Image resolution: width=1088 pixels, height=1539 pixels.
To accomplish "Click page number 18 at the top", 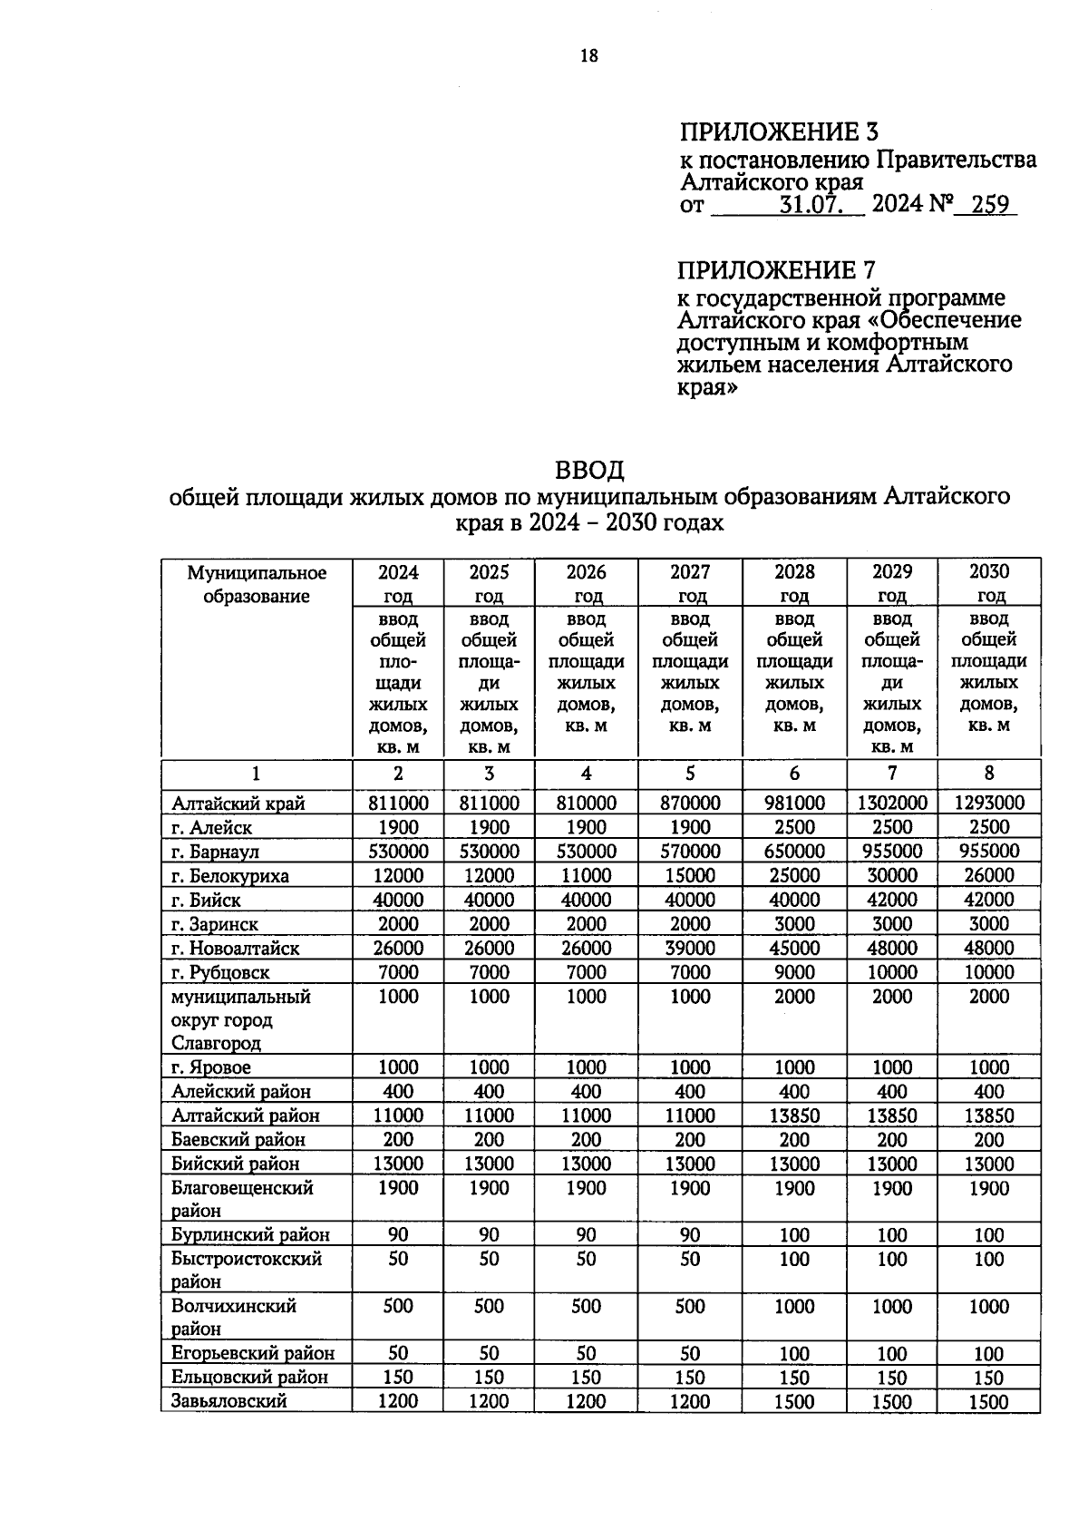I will pos(588,56).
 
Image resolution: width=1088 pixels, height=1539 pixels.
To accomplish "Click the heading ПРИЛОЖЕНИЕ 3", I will pos(779,132).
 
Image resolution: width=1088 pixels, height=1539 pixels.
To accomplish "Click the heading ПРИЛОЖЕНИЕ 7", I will pos(778,270).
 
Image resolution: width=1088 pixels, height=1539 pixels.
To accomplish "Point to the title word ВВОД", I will pos(589,471).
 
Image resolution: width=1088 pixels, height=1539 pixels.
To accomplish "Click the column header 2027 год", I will pos(690,583).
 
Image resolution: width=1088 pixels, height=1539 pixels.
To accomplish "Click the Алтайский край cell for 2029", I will pos(892,803).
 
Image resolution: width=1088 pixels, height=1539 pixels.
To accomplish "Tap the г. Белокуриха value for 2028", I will pos(794,876).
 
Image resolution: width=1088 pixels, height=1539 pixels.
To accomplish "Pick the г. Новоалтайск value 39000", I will pos(690,948).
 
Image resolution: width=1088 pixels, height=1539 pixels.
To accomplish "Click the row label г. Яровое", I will pos(211,1067).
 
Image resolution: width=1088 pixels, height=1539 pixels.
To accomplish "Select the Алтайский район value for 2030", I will pos(988,1115).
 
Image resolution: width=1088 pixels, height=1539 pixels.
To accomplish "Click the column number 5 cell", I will pos(690,774).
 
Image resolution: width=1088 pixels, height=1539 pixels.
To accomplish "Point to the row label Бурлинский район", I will pos(250,1235).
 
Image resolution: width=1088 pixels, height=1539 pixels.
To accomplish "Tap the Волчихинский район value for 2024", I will pos(398,1306).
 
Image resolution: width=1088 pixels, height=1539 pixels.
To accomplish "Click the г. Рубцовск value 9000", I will pos(794,972).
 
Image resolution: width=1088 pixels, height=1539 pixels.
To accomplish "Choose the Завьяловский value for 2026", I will pos(586,1401).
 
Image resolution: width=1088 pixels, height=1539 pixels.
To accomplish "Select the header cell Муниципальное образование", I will pos(257,584).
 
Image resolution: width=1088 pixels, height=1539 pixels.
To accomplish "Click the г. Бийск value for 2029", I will pos(892,900).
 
